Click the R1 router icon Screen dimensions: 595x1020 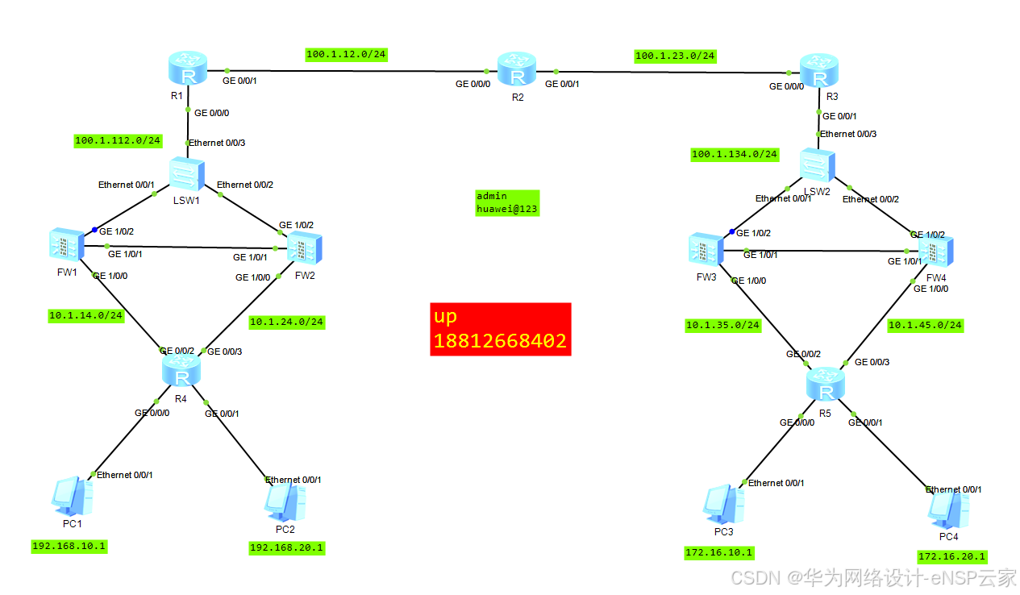coord(188,69)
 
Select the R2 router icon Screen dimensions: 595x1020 coord(516,69)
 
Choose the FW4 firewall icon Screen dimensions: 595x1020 coord(935,252)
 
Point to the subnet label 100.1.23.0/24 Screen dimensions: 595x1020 coord(675,56)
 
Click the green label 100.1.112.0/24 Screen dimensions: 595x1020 coord(118,140)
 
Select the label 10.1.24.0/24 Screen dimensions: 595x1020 coord(287,322)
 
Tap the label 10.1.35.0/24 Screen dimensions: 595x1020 coord(722,326)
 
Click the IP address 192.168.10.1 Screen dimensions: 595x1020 coord(69,547)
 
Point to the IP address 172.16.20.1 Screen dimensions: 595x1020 coord(951,556)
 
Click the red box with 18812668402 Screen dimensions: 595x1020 coord(500,329)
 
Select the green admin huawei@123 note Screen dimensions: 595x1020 coord(506,202)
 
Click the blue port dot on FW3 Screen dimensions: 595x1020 coord(732,232)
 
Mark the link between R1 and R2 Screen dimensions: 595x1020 coord(355,72)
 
